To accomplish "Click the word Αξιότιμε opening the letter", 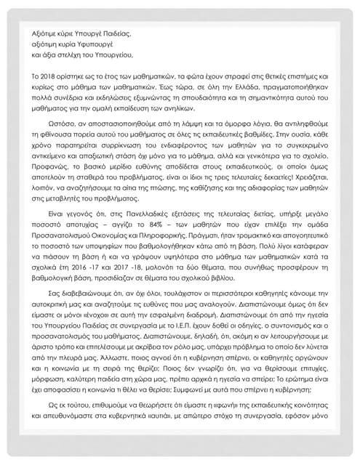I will coord(44,33).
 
